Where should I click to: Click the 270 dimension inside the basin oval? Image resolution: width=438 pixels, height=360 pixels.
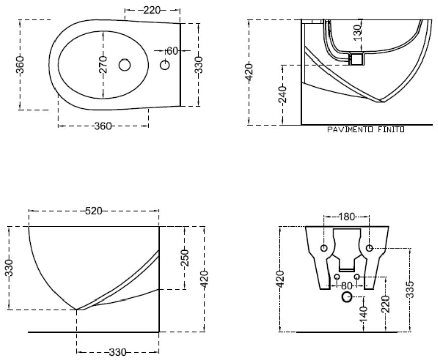coord(103,65)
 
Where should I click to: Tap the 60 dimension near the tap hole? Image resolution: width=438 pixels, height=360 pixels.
coord(172,51)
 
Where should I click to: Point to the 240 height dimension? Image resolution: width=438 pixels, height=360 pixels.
coord(283,94)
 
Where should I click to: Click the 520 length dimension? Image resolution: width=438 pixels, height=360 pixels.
coord(93,211)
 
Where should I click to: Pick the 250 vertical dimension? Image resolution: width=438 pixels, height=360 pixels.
coord(185,257)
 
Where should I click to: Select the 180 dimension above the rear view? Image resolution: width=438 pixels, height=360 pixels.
coord(346,217)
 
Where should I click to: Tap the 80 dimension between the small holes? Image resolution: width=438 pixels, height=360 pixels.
coord(347,286)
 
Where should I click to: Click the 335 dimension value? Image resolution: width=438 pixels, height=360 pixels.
coord(410,290)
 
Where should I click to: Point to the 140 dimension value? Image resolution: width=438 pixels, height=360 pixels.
coord(363,315)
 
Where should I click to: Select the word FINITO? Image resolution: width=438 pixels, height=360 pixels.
coord(391,130)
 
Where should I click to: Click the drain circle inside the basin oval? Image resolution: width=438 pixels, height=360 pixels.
coord(125,65)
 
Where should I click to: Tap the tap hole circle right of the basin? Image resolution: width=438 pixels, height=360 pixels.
coord(165,65)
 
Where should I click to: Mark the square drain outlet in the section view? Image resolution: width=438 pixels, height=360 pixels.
coord(357,59)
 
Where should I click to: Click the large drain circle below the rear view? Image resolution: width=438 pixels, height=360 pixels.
coord(347,297)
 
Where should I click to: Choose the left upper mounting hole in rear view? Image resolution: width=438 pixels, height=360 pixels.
coord(324,248)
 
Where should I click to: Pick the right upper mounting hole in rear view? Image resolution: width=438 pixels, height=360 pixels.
coord(369,248)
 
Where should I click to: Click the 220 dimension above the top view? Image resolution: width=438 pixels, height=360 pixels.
coord(152,10)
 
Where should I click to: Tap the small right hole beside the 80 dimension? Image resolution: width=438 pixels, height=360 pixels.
coord(357,277)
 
